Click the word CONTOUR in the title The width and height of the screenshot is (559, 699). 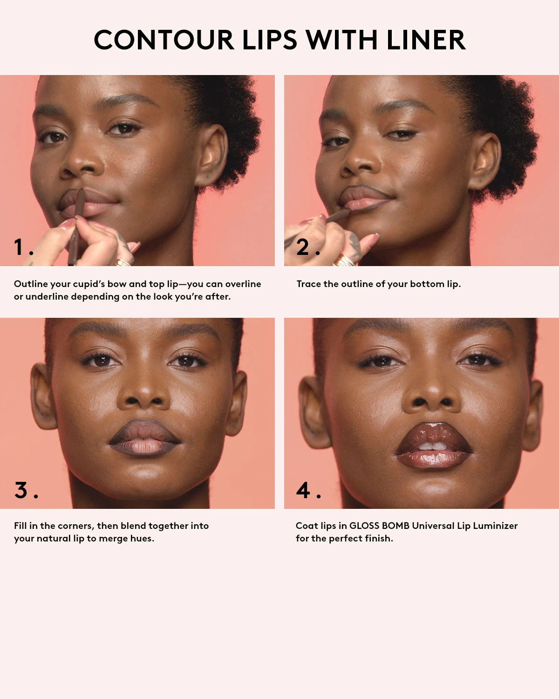point(164,40)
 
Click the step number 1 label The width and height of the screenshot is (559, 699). point(19,247)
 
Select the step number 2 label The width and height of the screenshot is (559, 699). point(303,247)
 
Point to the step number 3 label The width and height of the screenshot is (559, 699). point(21,490)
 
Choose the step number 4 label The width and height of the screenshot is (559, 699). point(303,490)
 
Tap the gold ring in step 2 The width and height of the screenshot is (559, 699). point(344,260)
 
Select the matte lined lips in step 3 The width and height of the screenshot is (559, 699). point(144,439)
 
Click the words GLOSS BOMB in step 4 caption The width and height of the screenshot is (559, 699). point(379,526)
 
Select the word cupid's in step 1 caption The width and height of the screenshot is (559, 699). point(89,284)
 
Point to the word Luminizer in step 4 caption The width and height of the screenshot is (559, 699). point(495,526)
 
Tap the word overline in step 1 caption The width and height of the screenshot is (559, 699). point(243,284)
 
